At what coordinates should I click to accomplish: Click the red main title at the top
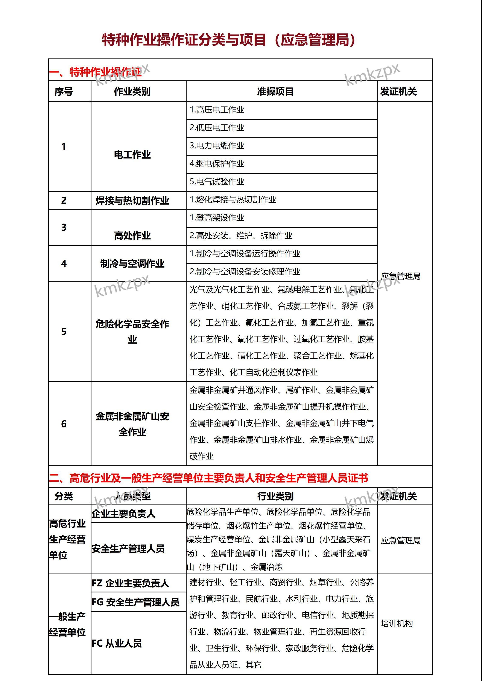tap(228, 40)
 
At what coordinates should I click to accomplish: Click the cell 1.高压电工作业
tap(217, 110)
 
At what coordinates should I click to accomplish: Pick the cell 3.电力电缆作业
tap(217, 146)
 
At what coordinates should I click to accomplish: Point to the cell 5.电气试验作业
tap(217, 182)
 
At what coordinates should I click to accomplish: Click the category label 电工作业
tap(132, 155)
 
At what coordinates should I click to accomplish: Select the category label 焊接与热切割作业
tap(132, 201)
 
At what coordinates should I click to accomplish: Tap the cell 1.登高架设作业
tap(217, 218)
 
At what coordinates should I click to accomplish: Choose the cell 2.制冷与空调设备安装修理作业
tap(245, 271)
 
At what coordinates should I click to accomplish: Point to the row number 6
tap(64, 424)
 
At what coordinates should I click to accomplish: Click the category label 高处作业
tap(132, 236)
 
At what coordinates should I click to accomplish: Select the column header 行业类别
tap(275, 496)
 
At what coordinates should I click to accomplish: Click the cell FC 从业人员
tap(117, 643)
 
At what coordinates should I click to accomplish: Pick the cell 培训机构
tap(397, 623)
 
